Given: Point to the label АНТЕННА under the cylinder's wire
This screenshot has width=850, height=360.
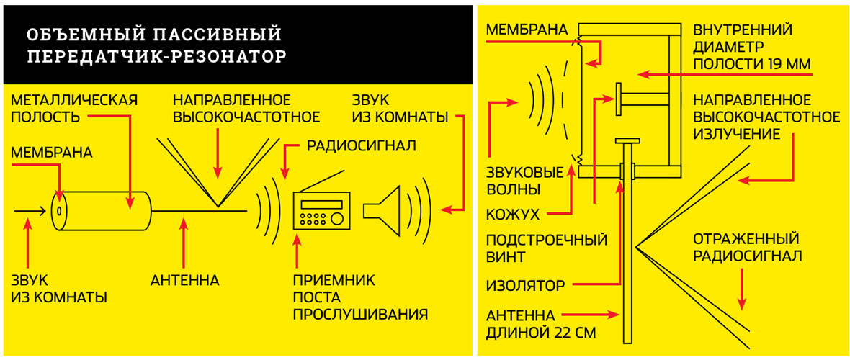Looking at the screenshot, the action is tap(185, 281).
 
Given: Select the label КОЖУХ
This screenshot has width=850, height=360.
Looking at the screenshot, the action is tap(512, 215).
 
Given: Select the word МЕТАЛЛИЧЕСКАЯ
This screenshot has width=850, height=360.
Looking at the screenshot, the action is tap(73, 100).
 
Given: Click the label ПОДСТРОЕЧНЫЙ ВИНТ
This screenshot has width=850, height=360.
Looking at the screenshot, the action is tap(547, 248).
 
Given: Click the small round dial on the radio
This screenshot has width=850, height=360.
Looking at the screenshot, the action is tap(337, 218).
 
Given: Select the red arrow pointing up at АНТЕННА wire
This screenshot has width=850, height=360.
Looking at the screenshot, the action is tap(185, 241).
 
